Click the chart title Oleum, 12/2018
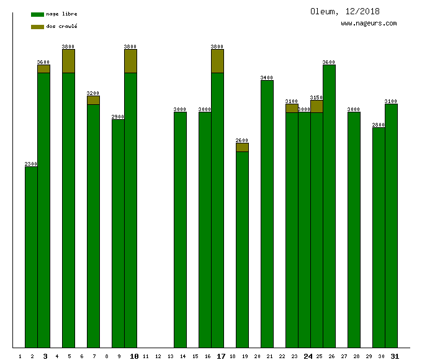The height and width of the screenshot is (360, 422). pyautogui.click(x=345, y=11)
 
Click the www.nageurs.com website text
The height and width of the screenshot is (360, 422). pyautogui.click(x=369, y=24)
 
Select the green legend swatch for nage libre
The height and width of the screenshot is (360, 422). pyautogui.click(x=37, y=14)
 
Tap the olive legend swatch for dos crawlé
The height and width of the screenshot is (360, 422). pyautogui.click(x=37, y=27)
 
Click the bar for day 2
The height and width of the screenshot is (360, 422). pyautogui.click(x=31, y=257)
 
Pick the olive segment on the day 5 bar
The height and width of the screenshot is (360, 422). pyautogui.click(x=68, y=61)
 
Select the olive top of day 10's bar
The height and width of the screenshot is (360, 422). pyautogui.click(x=130, y=61)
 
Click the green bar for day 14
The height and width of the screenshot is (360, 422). pyautogui.click(x=180, y=230)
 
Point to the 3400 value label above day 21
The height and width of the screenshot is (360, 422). pyautogui.click(x=267, y=78)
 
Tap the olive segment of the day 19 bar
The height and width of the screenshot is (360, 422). pyautogui.click(x=242, y=147)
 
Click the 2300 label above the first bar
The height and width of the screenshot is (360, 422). pyautogui.click(x=31, y=164)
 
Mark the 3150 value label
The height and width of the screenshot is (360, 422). pyautogui.click(x=316, y=97)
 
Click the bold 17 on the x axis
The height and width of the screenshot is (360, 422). pyautogui.click(x=221, y=356)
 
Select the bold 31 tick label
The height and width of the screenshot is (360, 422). pyautogui.click(x=395, y=356)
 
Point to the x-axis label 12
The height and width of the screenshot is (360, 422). pyautogui.click(x=158, y=356)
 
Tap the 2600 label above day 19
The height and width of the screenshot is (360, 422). pyautogui.click(x=242, y=140)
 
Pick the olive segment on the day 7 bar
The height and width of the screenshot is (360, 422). pyautogui.click(x=93, y=100)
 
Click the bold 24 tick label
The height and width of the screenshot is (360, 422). pyautogui.click(x=308, y=356)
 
